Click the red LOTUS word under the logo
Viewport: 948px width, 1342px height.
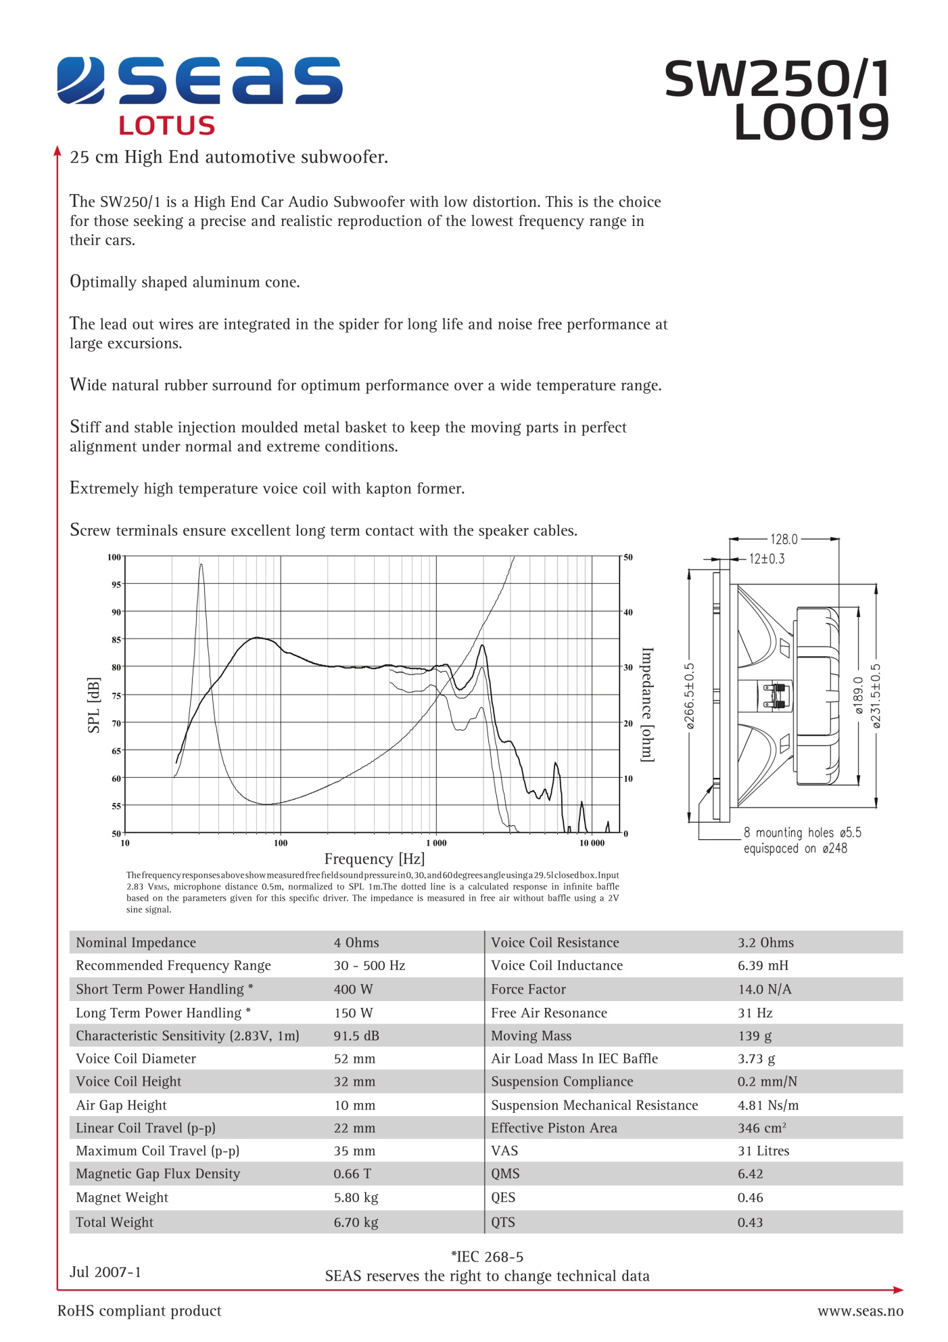click(x=166, y=126)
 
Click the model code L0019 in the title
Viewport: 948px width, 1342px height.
click(x=811, y=122)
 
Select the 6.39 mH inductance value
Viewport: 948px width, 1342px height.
click(x=763, y=965)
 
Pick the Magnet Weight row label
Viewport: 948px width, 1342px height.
click(x=122, y=1197)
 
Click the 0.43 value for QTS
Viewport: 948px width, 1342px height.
click(x=750, y=1222)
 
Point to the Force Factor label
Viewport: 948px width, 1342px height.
click(x=528, y=989)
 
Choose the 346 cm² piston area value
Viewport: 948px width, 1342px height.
click(x=761, y=1128)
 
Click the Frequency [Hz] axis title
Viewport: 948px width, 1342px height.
click(x=374, y=859)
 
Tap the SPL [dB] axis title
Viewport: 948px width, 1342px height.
click(x=94, y=705)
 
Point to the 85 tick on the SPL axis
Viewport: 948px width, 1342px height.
click(x=116, y=640)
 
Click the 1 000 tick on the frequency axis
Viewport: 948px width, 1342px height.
click(x=436, y=843)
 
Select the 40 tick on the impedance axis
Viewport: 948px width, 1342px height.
click(x=628, y=612)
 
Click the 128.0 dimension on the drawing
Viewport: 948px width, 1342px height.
click(x=784, y=539)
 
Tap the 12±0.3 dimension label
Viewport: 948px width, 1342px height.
click(x=767, y=559)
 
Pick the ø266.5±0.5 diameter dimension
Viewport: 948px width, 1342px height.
click(x=689, y=695)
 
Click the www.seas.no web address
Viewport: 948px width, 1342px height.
click(x=860, y=1311)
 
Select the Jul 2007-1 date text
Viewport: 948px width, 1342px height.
click(x=105, y=1272)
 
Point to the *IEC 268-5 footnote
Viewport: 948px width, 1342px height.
click(x=487, y=1257)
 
